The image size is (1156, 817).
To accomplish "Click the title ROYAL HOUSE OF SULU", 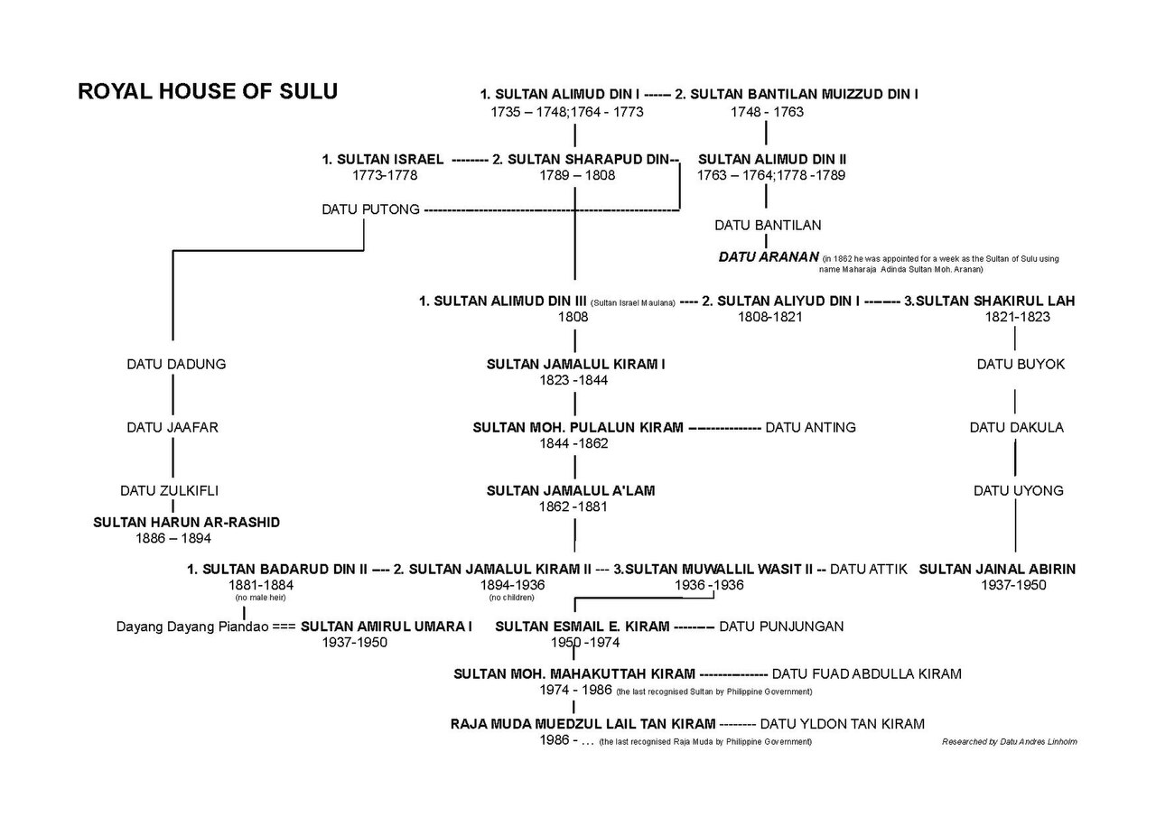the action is click(208, 91).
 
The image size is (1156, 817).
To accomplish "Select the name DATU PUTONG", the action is click(370, 209).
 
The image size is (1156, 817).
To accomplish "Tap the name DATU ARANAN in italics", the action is click(769, 257).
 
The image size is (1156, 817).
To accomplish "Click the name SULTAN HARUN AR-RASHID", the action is click(186, 523).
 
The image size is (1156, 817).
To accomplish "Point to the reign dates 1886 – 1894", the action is click(173, 538).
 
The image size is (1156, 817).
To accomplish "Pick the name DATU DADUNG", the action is click(176, 364).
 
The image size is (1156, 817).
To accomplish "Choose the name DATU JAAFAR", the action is click(172, 428).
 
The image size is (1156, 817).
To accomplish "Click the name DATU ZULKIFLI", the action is click(169, 490).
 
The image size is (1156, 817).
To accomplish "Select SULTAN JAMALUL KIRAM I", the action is click(575, 364).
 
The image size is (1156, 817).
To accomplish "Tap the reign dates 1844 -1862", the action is click(573, 443).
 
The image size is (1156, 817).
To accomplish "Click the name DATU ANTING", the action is click(810, 428).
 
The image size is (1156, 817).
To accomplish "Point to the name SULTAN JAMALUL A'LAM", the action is click(571, 490).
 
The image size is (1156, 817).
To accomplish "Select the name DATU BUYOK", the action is click(1021, 364).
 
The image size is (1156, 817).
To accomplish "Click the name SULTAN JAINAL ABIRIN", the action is click(997, 570).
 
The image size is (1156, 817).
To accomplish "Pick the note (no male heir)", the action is click(260, 598).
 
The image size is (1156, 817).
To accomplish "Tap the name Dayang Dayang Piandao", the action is click(192, 627).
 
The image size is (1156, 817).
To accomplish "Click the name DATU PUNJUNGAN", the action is click(781, 627).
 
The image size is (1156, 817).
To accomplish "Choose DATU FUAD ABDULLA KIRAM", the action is click(866, 674).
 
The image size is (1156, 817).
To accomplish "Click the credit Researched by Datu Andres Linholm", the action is click(1010, 742).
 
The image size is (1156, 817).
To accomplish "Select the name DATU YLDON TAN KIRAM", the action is click(843, 724).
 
